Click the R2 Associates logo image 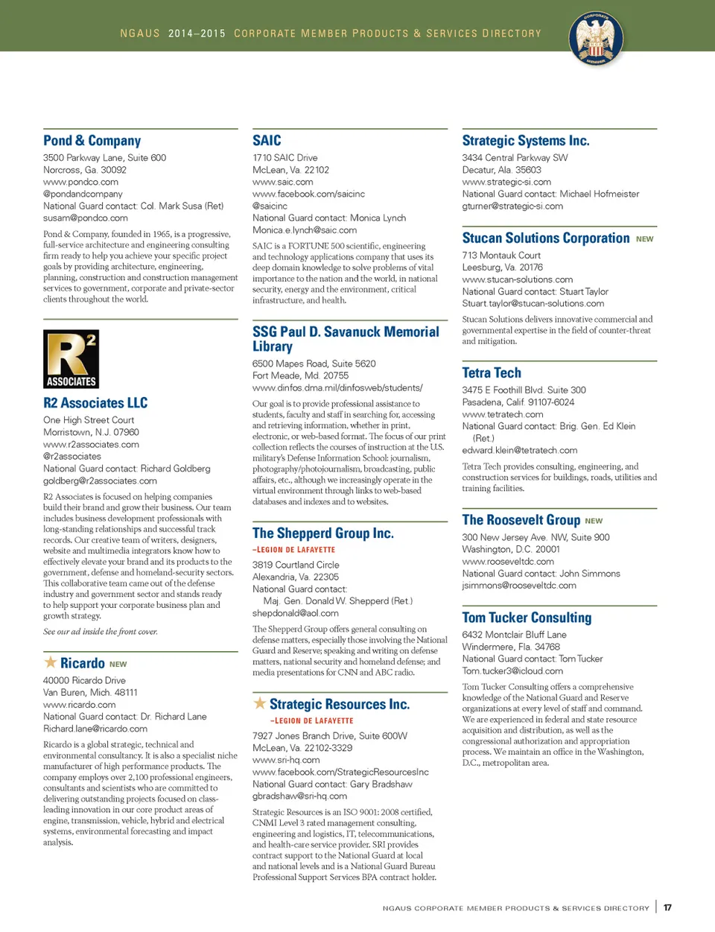[x=71, y=359]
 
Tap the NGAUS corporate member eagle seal [x=596, y=38]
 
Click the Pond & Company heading [x=92, y=141]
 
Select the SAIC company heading [x=267, y=141]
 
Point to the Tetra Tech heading [x=492, y=373]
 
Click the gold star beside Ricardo [x=50, y=662]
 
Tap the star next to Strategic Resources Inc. [x=259, y=703]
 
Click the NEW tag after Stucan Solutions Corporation [x=644, y=239]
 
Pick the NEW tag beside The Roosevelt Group [x=594, y=521]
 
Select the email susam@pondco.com [x=85, y=218]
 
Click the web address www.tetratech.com [x=502, y=414]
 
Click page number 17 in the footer [x=667, y=907]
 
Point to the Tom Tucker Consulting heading [x=527, y=618]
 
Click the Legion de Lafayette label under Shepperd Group [x=293, y=550]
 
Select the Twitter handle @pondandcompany [x=83, y=194]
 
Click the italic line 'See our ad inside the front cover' [x=100, y=632]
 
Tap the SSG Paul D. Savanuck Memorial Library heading [x=346, y=339]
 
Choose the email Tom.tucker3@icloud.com [x=512, y=671]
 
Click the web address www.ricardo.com [x=79, y=705]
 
